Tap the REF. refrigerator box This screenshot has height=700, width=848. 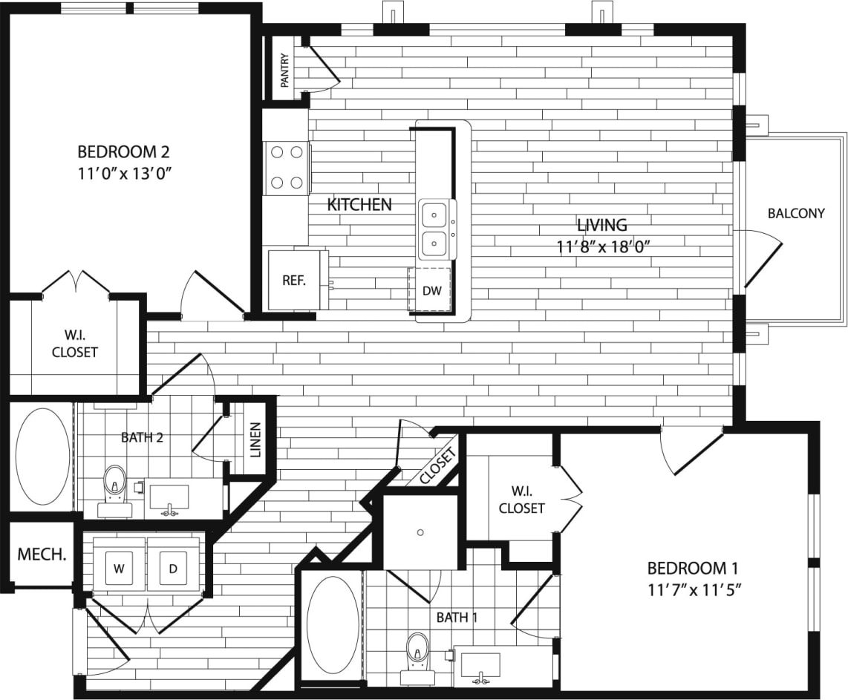(x=294, y=280)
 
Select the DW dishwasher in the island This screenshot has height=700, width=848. (x=431, y=290)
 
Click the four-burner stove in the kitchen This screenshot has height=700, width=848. (x=287, y=167)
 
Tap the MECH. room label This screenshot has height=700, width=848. (x=40, y=554)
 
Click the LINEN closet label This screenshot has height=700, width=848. (x=255, y=439)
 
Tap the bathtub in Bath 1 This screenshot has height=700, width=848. (x=333, y=625)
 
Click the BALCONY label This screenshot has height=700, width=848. (x=796, y=213)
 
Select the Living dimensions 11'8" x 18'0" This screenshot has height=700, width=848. (x=603, y=247)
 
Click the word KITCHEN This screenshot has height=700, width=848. (x=359, y=204)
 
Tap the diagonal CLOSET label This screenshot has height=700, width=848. (x=437, y=466)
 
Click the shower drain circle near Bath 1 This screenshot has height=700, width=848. (x=420, y=532)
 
